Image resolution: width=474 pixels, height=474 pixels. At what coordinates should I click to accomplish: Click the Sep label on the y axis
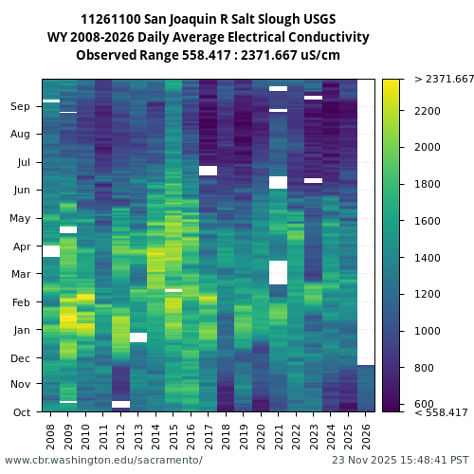click(21, 107)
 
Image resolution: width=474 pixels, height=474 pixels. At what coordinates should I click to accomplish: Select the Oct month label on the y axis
click(21, 412)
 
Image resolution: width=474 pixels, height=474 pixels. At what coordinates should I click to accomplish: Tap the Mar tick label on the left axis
click(21, 274)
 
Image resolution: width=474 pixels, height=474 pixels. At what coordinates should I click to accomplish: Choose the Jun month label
click(21, 191)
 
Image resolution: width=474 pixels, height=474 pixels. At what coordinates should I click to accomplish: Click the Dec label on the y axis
click(21, 358)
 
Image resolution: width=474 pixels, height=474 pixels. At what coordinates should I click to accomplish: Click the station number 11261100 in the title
click(115, 19)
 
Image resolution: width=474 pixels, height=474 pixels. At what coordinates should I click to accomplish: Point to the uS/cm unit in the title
click(319, 55)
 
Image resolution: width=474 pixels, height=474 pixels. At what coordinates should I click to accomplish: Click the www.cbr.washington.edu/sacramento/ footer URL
click(103, 460)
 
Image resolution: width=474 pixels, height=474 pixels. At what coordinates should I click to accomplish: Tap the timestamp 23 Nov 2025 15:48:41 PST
click(393, 460)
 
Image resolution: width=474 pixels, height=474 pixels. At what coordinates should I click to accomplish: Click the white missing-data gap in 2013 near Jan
click(138, 337)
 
